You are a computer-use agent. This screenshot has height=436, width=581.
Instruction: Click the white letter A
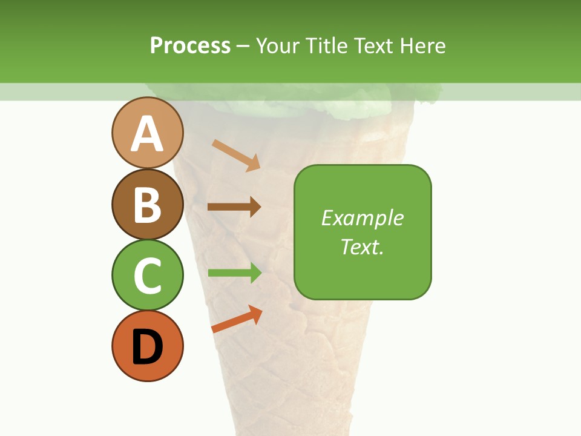(x=147, y=134)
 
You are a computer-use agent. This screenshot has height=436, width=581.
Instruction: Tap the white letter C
(x=147, y=276)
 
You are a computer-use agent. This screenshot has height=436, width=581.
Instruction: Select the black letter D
(x=147, y=347)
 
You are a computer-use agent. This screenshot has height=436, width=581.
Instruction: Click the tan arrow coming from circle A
(x=236, y=155)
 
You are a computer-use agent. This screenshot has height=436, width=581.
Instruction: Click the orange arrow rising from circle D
(x=237, y=319)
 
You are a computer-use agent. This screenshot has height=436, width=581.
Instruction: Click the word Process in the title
(x=190, y=45)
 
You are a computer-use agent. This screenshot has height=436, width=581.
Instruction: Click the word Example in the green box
(x=362, y=219)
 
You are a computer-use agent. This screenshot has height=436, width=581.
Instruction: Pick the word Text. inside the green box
(x=362, y=247)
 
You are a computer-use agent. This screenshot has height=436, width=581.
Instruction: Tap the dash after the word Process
(x=243, y=47)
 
